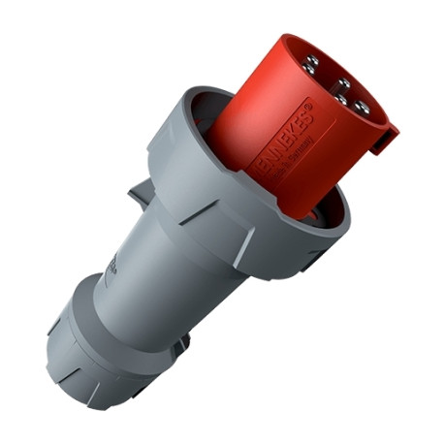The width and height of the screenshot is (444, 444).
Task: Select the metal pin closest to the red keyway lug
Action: (x=361, y=105)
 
